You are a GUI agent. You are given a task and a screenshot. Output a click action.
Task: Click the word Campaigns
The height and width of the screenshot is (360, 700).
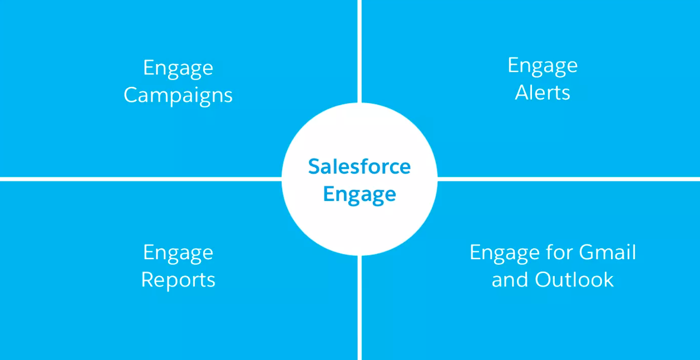coord(178,96)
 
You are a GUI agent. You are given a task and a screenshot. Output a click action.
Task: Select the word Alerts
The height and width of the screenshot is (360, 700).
coord(543,92)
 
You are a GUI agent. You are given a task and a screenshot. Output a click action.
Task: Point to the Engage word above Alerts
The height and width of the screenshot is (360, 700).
coord(543,66)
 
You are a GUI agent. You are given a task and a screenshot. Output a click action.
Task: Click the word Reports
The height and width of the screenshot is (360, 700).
coord(178,280)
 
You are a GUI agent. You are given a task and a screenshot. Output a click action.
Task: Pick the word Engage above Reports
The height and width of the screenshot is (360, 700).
coord(178,253)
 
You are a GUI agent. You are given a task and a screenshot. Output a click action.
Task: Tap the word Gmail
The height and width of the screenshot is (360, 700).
coord(607,252)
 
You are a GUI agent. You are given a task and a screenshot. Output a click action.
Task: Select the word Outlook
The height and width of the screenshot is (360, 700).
coord(574,279)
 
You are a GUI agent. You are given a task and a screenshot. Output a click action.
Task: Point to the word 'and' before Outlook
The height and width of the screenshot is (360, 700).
coord(510,279)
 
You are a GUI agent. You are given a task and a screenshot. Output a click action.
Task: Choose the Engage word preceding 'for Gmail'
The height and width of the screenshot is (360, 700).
coord(504,253)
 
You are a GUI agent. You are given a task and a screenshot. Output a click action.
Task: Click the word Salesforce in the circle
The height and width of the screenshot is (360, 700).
coord(359,166)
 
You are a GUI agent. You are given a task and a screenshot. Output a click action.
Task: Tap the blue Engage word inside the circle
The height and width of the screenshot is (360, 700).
coord(359,195)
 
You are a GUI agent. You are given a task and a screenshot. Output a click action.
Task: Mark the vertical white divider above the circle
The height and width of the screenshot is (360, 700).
coord(359,51)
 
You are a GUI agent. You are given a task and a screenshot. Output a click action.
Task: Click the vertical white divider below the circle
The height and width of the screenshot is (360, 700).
coord(359,308)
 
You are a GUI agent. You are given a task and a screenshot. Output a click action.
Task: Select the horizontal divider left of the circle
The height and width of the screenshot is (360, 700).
coord(141,179)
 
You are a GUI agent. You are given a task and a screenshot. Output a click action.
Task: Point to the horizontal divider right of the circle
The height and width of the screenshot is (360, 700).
coord(569,179)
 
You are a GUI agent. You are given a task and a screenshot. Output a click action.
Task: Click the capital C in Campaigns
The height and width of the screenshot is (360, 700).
coord(131,95)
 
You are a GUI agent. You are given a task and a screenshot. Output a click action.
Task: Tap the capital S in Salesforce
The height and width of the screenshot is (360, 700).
coord(314,166)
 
